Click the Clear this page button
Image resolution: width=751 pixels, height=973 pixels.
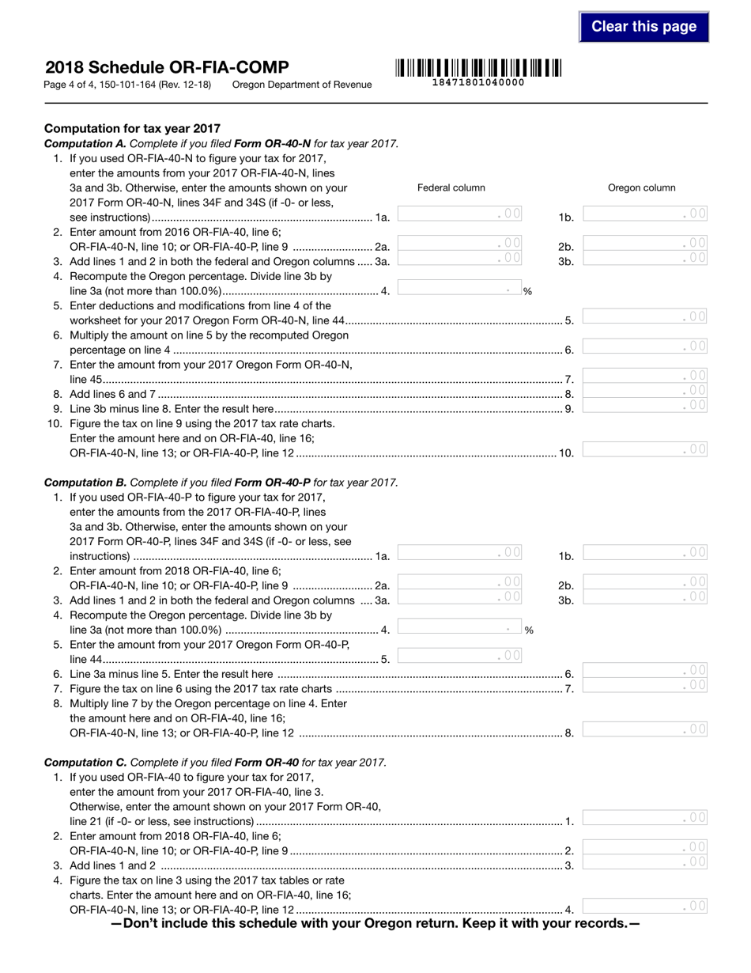[643, 27]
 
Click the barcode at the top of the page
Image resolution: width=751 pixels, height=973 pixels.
[477, 67]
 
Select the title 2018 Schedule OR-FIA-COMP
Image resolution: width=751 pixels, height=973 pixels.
[167, 67]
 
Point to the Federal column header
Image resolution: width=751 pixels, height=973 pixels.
[451, 187]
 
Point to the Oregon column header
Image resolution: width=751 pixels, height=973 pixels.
[641, 187]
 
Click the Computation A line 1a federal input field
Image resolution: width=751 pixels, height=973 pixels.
[460, 214]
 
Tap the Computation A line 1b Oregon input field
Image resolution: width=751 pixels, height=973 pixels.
[645, 214]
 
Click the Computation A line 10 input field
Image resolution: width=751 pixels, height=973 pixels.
[645, 449]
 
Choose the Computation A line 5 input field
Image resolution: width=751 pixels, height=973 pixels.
[645, 316]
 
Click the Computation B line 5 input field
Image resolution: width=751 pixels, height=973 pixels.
[460, 655]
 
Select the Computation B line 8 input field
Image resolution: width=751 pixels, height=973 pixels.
[645, 729]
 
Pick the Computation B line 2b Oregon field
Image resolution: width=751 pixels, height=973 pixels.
[645, 582]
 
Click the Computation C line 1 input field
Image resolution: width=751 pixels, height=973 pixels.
[645, 818]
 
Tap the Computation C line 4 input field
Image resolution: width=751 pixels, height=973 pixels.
[645, 907]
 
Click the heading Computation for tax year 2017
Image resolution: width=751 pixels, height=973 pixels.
[132, 128]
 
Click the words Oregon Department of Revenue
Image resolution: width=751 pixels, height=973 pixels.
[302, 85]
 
